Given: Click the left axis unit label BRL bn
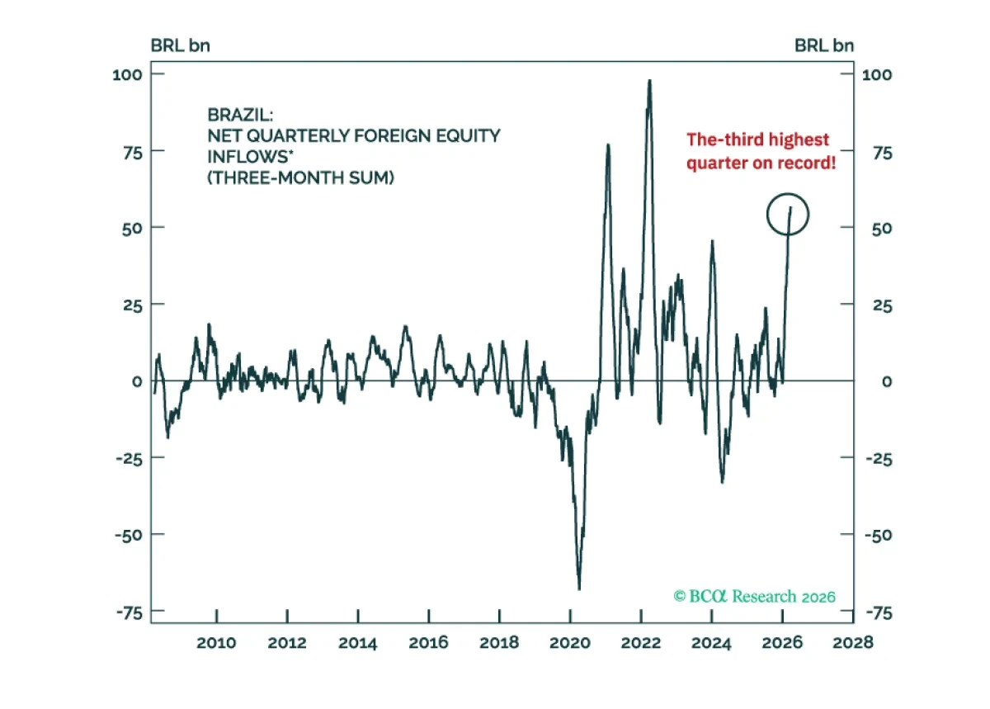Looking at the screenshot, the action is [x=181, y=45].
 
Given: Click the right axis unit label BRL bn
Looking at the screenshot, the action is [x=824, y=45].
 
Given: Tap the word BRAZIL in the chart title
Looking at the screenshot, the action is [x=240, y=115].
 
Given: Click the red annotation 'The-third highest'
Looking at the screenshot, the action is [x=757, y=139].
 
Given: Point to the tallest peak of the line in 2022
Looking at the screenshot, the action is [x=649, y=81].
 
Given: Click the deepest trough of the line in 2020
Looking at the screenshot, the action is [x=579, y=588].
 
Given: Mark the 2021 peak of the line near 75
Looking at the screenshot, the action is [x=608, y=145].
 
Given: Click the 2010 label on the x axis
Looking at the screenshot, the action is [x=216, y=643].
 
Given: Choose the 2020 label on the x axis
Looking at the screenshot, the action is [x=570, y=643].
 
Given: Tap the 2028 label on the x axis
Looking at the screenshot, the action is [x=853, y=643].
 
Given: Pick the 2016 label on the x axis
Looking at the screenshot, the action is [x=428, y=643].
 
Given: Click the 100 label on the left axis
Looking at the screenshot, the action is [x=127, y=74].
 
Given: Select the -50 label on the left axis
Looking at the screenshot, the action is [x=129, y=536].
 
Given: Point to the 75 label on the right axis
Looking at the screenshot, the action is [x=883, y=153].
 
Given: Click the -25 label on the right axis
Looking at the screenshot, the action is [x=879, y=459].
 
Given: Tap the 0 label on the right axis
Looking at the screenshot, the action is [x=887, y=381].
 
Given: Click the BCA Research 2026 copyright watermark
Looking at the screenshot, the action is [x=754, y=596].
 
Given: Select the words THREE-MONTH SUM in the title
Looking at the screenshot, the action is [x=300, y=177].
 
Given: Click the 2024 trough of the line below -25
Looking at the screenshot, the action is [x=722, y=482].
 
